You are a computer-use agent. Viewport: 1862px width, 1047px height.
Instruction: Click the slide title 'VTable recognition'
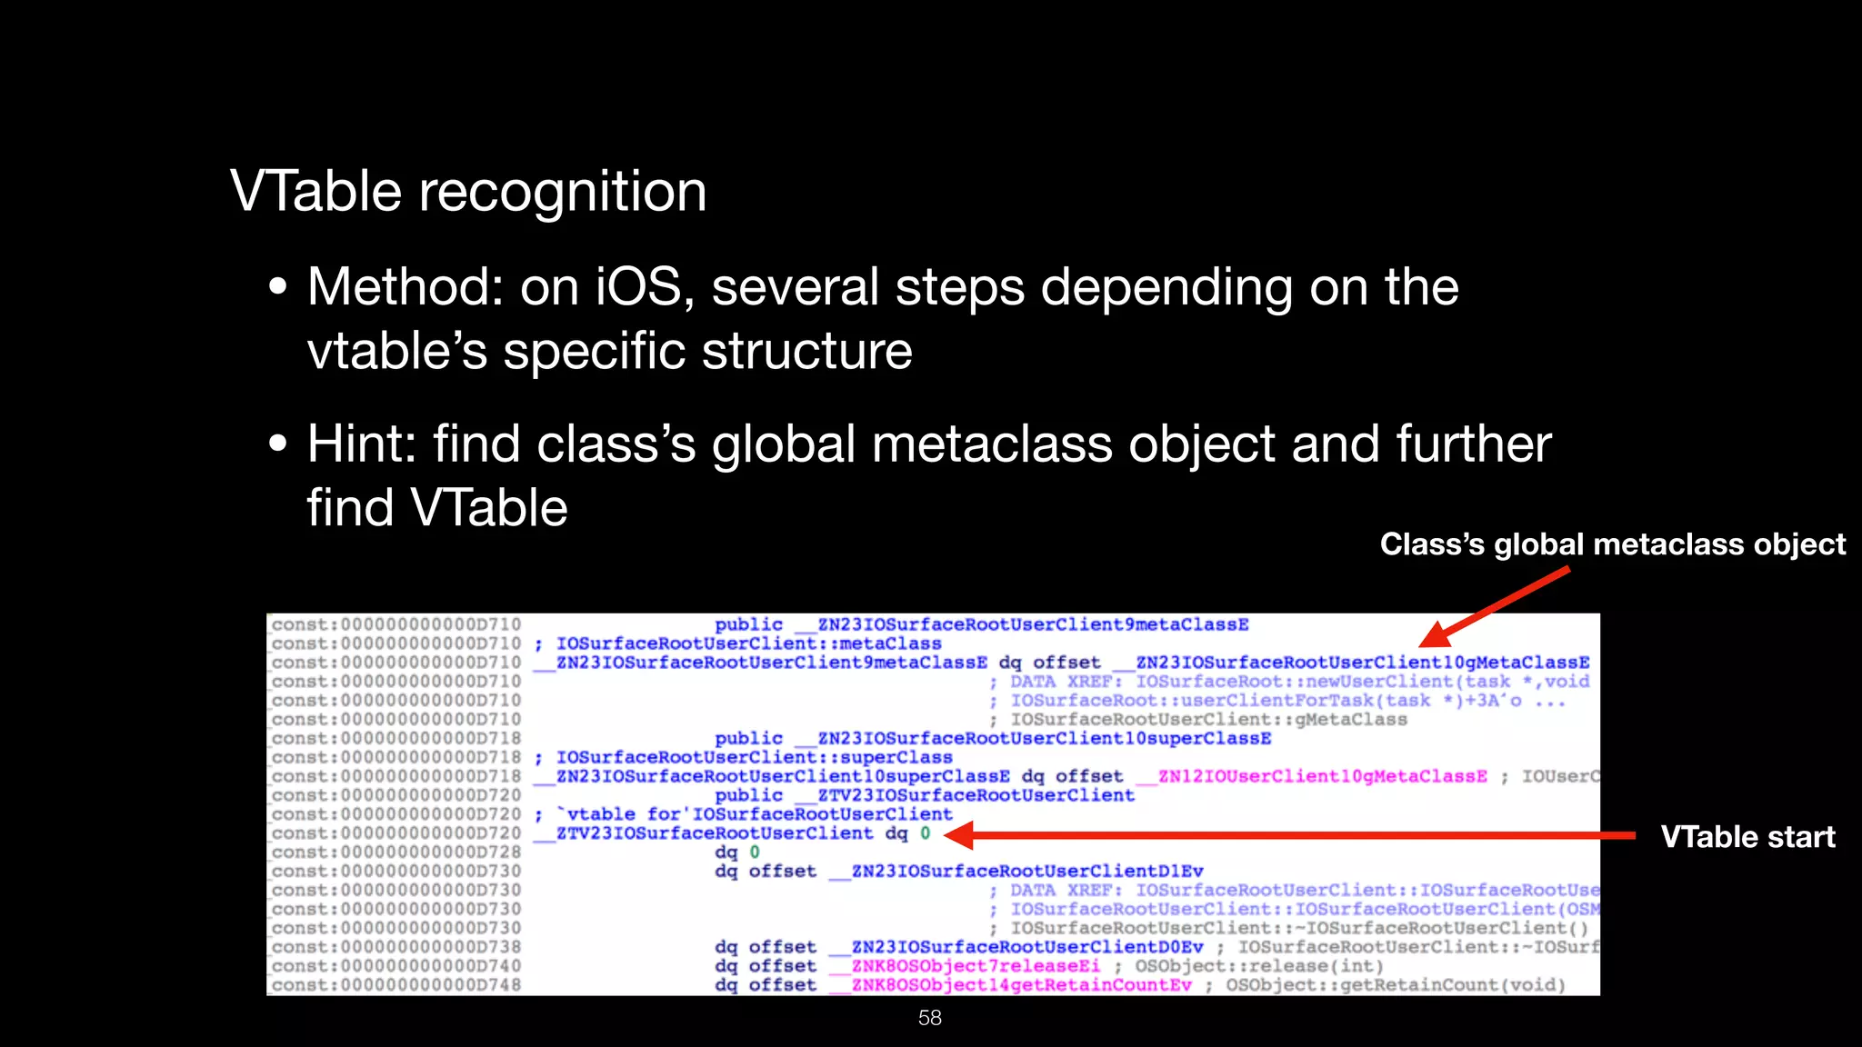468,192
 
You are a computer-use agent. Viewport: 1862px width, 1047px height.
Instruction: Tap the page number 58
930,1018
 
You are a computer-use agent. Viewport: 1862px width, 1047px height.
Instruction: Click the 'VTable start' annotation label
1747,837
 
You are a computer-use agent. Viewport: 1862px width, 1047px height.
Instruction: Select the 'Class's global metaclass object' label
1612,544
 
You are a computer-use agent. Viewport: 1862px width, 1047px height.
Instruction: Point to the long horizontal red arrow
1291,835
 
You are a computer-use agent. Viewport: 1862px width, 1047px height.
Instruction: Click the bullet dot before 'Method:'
278,289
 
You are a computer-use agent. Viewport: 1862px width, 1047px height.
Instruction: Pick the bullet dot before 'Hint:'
278,445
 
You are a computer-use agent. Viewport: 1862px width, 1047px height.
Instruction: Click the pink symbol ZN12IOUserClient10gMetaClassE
1323,777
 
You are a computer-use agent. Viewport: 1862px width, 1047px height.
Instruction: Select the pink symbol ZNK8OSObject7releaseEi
976,966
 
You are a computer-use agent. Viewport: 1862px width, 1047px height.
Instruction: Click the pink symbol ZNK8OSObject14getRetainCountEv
1021,985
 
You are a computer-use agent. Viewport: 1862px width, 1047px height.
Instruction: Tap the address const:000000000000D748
396,985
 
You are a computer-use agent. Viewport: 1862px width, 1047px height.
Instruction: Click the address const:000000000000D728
396,853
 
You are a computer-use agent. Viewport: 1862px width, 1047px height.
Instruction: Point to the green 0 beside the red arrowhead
926,833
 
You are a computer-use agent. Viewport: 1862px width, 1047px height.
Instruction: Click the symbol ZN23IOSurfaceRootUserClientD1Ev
1026,872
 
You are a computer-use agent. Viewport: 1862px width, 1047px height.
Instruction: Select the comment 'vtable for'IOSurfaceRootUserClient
755,814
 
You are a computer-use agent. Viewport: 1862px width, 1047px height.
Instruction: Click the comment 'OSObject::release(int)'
1259,966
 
